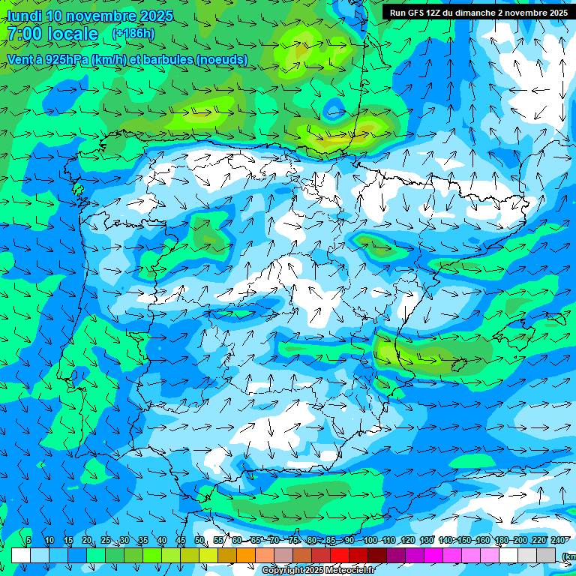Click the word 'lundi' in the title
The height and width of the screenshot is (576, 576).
[x=24, y=16]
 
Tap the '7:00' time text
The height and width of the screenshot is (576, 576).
[x=25, y=34]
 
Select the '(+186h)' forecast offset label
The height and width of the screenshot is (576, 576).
[x=133, y=33]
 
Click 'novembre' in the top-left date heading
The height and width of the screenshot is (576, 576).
[x=103, y=16]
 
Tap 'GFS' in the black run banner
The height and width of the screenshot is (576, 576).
[x=417, y=13]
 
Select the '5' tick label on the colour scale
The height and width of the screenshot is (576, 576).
[x=28, y=540]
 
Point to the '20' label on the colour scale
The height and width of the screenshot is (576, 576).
[x=86, y=540]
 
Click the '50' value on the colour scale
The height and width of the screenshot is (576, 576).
[x=199, y=540]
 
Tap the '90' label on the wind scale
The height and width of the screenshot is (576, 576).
[x=349, y=540]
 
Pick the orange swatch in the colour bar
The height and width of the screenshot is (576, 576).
[x=246, y=555]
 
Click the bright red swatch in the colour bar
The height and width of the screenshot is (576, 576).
[x=340, y=555]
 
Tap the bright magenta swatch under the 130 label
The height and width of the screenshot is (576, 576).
[x=433, y=555]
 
